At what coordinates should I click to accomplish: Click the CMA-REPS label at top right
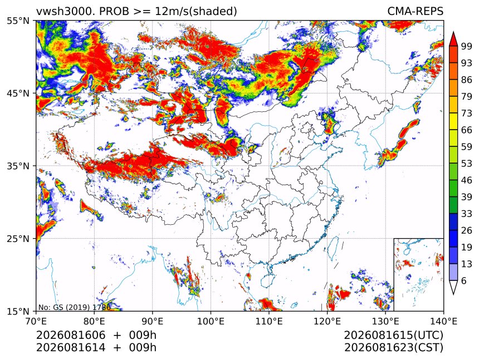pos(415,11)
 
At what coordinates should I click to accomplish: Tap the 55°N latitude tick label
pos(18,21)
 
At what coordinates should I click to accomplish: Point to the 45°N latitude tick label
pos(18,93)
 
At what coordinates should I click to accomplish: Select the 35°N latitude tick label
pos(18,166)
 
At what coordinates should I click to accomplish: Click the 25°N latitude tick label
pos(18,238)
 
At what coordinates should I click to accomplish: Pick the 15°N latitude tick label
pos(18,311)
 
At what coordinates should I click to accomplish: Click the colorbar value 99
pos(467,46)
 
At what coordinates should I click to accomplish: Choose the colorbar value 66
pos(467,130)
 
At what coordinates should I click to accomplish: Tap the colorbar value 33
pos(467,214)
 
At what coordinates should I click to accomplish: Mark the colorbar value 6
pos(464,280)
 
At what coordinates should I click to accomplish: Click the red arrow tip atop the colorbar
pos(453,32)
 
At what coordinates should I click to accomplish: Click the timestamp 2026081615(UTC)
pos(393,335)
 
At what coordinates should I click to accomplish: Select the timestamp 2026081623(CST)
pos(393,348)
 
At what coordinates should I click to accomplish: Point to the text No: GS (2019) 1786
pos(74,307)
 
